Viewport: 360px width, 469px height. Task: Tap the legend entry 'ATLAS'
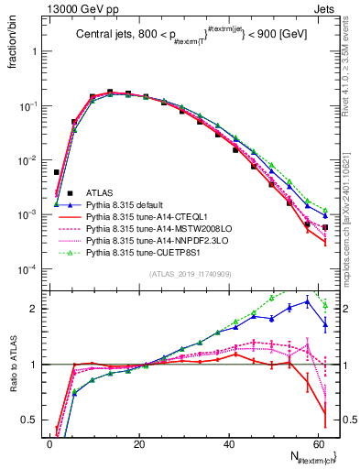(101, 193)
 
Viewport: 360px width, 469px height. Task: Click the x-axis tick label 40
(230, 443)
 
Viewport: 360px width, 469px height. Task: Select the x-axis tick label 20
(140, 443)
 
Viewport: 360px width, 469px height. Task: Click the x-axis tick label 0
(50, 443)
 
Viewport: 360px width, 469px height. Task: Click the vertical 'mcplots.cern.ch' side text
(352, 220)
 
